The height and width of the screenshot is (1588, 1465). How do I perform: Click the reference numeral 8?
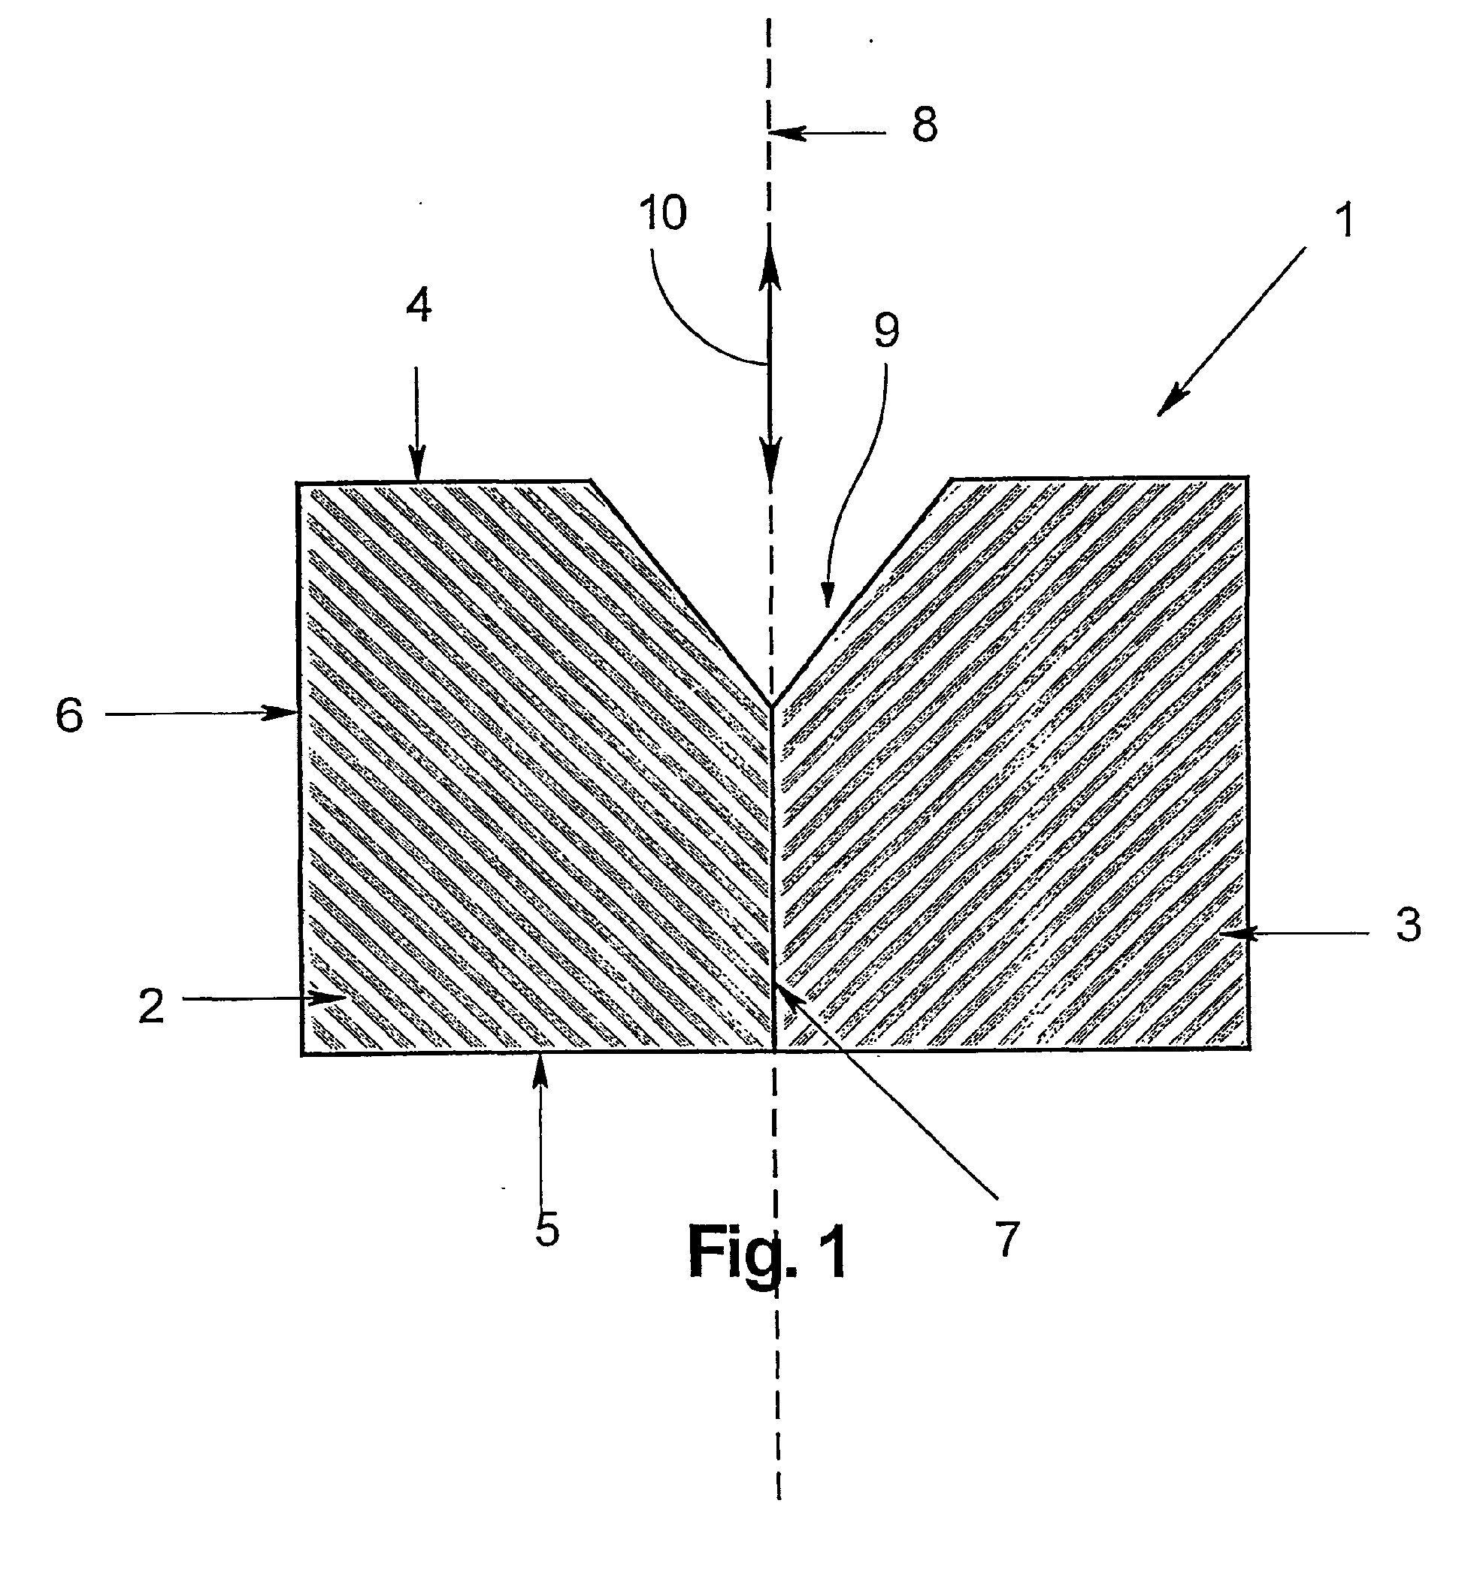(x=925, y=125)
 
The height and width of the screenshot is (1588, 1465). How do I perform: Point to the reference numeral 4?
(x=419, y=305)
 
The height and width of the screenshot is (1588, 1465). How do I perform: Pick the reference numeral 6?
(x=70, y=716)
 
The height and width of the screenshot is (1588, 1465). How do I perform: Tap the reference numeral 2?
(x=151, y=1006)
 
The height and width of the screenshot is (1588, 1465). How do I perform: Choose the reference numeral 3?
(x=1408, y=924)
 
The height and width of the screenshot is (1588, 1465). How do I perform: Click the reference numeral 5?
(x=547, y=1230)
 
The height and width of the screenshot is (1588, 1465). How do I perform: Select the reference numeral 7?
(x=1006, y=1239)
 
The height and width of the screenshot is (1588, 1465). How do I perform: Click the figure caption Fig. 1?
(x=767, y=1253)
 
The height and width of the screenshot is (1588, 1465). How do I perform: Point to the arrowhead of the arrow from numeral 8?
(x=775, y=133)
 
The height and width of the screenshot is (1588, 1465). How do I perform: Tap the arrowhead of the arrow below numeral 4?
(x=417, y=476)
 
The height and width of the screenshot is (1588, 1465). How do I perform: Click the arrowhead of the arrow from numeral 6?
(x=293, y=713)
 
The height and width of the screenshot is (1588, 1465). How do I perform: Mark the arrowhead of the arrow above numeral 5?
(x=540, y=1060)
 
